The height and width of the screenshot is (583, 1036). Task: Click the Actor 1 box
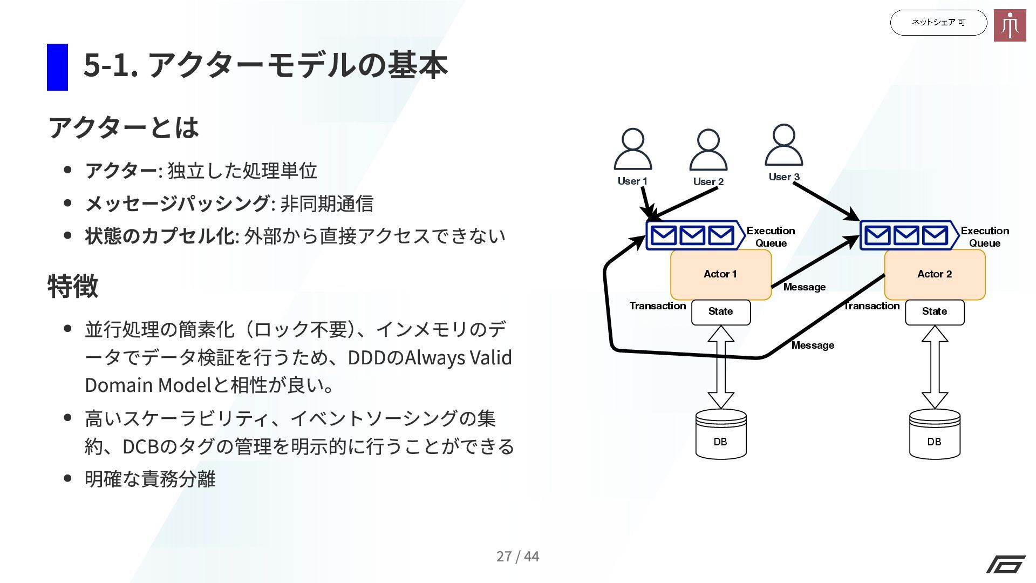[x=720, y=274]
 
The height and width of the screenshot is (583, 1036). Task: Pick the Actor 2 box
[x=935, y=274]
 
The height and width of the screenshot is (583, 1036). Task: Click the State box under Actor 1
[x=721, y=312]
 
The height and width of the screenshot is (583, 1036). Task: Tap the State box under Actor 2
[x=935, y=312]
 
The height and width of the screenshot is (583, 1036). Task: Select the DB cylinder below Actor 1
[x=721, y=435]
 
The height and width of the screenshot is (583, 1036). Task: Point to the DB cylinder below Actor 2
[x=935, y=435]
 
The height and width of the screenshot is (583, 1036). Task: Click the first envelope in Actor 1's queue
[x=664, y=235]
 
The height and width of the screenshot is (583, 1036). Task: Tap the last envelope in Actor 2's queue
[x=935, y=235]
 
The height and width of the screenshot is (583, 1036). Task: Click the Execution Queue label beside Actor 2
[x=985, y=237]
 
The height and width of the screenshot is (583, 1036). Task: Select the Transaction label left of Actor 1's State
[x=657, y=306]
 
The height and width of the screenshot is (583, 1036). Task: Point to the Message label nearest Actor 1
[x=804, y=287]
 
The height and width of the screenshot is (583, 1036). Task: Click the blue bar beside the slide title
[x=57, y=67]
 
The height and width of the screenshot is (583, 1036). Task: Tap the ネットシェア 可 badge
[x=938, y=23]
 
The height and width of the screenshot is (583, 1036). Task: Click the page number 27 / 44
[x=517, y=556]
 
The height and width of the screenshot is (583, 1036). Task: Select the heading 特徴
[x=73, y=286]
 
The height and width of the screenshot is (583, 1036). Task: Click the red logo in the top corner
[x=1010, y=25]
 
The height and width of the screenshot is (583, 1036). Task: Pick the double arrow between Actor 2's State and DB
[x=935, y=367]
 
